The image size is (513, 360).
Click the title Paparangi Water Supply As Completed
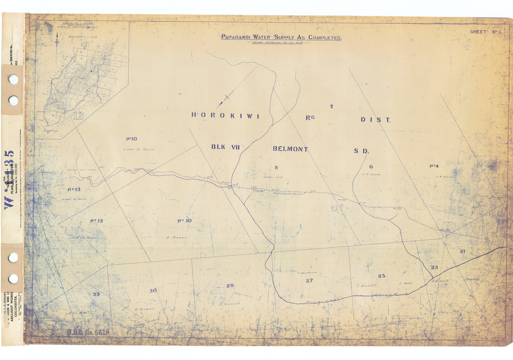coord(281,37)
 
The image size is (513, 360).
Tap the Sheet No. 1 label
coord(485,32)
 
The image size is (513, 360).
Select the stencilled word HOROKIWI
coord(225,116)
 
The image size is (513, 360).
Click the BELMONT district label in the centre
coord(290,149)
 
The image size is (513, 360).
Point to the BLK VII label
coord(225,147)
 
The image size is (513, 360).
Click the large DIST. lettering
coord(375,120)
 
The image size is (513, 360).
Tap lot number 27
coord(309,281)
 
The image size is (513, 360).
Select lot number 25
coord(381,276)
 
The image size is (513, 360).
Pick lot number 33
coord(96,294)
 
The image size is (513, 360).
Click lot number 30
coord(153,290)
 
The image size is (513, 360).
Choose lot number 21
coord(462,251)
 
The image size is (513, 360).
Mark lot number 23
coord(434,268)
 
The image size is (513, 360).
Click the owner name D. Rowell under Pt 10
coord(177,237)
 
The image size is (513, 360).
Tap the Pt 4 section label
coord(434,166)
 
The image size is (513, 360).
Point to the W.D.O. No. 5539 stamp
coord(88,332)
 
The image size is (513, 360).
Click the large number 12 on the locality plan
coord(78,116)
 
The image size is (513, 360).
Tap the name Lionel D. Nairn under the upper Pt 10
coord(138,149)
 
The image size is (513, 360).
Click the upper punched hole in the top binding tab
coord(13,79)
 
